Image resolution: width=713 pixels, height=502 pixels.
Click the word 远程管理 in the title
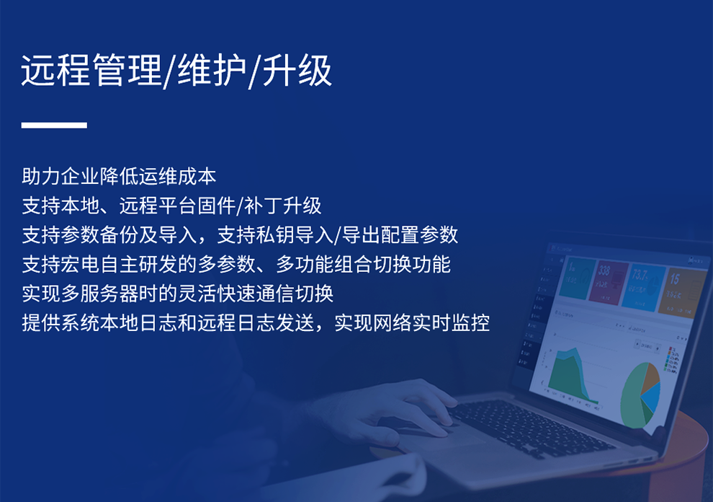tap(91, 71)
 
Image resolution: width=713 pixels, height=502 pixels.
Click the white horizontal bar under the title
tap(54, 125)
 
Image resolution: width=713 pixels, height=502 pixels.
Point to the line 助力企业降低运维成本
tap(119, 177)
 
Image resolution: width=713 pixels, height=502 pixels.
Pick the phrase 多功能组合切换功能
tap(363, 265)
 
